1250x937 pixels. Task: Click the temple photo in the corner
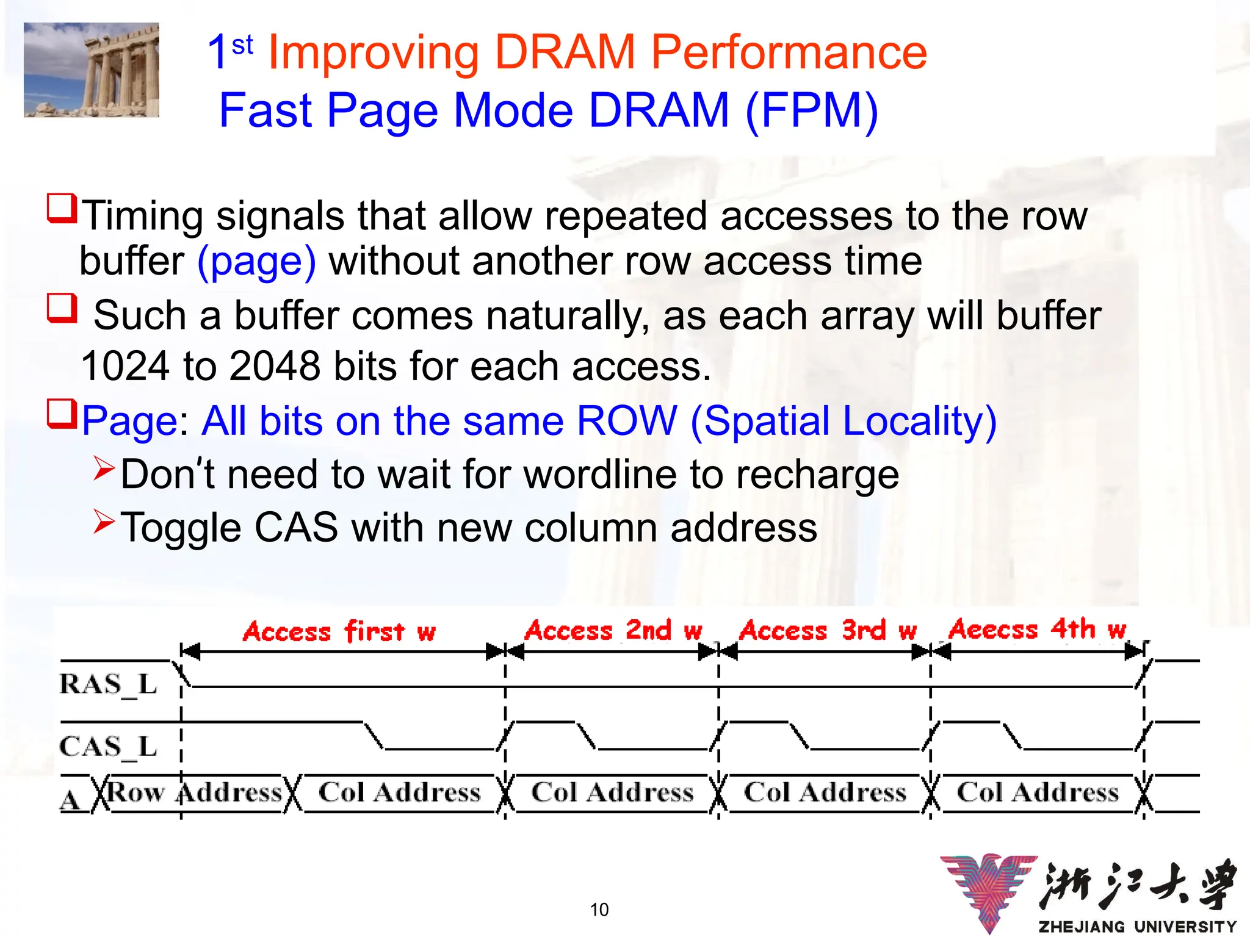tap(92, 70)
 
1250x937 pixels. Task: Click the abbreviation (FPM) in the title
tap(812, 110)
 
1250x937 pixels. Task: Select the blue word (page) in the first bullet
tap(257, 262)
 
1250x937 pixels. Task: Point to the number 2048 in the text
tap(275, 367)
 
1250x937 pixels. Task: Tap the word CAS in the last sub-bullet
tap(296, 528)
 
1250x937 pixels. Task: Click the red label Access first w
tap(339, 631)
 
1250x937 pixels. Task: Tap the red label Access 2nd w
tap(613, 630)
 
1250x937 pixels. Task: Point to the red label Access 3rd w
tap(828, 630)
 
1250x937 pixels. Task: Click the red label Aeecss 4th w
tap(1038, 629)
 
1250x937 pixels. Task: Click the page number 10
tap(599, 910)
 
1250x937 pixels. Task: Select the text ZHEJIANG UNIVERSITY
tap(1137, 927)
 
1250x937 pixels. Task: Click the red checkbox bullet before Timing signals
tap(62, 209)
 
